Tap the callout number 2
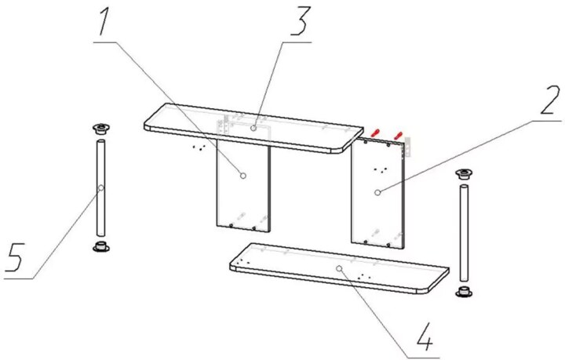click(x=549, y=100)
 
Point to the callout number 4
click(x=425, y=336)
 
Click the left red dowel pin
click(x=375, y=133)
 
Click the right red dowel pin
click(x=397, y=135)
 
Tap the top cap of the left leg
click(x=101, y=129)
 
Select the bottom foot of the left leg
click(x=101, y=246)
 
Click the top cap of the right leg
click(x=464, y=174)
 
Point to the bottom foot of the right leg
click(x=464, y=292)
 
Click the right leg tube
click(x=464, y=233)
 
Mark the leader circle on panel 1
click(x=243, y=176)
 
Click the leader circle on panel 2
click(x=377, y=193)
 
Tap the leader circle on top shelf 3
click(x=253, y=128)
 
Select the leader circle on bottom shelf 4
click(x=339, y=268)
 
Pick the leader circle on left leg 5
click(x=101, y=187)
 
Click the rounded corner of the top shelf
click(x=346, y=148)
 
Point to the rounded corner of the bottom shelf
click(x=432, y=287)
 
